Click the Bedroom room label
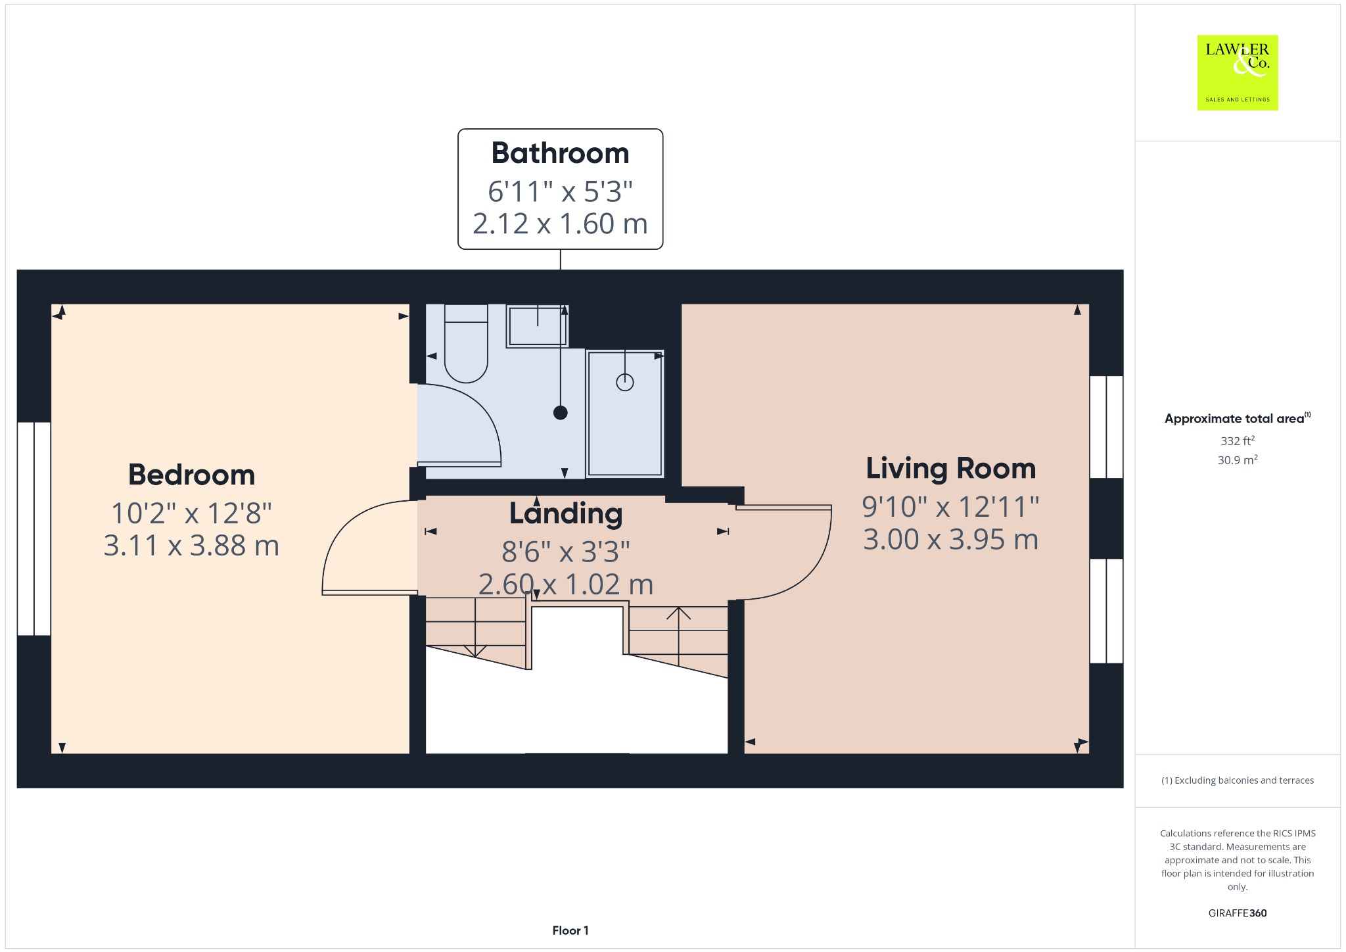click(191, 475)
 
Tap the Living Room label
click(950, 469)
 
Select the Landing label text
click(566, 514)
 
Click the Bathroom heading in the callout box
click(560, 153)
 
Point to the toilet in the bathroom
click(466, 343)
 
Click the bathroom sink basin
click(538, 325)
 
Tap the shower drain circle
click(624, 382)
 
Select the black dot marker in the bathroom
click(560, 413)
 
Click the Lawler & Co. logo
click(1237, 72)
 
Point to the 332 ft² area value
click(1237, 440)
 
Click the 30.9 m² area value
click(1237, 460)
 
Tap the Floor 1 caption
click(570, 930)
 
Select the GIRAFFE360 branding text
click(1237, 913)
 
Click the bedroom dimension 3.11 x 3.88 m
click(191, 546)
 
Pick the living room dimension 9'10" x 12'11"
click(950, 507)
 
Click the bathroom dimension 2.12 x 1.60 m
click(560, 224)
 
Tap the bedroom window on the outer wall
click(34, 529)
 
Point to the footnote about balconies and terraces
click(1237, 780)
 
